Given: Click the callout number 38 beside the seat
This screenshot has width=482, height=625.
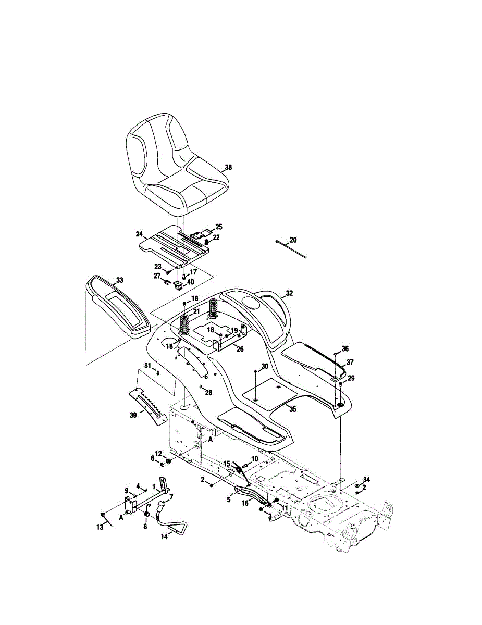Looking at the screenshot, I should (228, 168).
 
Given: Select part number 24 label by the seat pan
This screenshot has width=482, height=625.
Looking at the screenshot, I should (139, 234).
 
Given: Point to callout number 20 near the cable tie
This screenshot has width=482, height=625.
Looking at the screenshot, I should (293, 240).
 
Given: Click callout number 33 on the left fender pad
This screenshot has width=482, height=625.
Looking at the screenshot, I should (120, 280).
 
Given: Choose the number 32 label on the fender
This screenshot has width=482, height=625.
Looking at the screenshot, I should (289, 293).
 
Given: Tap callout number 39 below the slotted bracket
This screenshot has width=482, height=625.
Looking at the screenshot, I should (133, 415).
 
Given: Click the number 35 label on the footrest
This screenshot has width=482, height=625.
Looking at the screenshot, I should (293, 409).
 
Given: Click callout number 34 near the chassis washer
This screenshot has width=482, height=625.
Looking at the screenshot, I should (367, 479).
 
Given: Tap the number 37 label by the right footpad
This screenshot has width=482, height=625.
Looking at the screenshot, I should (350, 362).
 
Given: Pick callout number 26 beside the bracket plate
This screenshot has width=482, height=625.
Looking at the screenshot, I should (240, 349).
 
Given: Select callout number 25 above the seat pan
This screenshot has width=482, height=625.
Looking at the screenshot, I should (219, 227).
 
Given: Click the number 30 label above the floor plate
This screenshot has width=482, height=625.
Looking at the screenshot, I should (265, 367).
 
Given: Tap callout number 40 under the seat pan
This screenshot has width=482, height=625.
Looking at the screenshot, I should (191, 282).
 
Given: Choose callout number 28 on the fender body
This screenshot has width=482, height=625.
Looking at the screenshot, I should (209, 392).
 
